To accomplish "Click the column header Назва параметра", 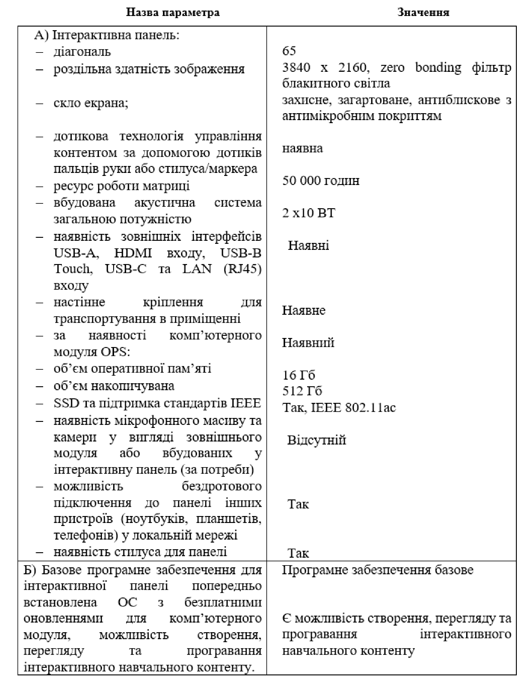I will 173,12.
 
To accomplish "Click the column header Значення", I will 423,12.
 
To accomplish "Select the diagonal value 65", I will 289,51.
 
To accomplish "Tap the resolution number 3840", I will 296,68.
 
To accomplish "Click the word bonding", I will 438,68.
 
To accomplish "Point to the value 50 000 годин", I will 321,181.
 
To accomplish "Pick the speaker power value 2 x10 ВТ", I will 308,213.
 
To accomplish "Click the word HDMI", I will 133,253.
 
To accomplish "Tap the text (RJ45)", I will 242,269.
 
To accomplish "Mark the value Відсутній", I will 316,440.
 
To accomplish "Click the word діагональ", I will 82,52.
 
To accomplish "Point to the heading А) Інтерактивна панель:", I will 107,35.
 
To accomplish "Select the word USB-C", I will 126,269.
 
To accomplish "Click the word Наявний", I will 308,343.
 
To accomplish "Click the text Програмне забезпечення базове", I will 377,570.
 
